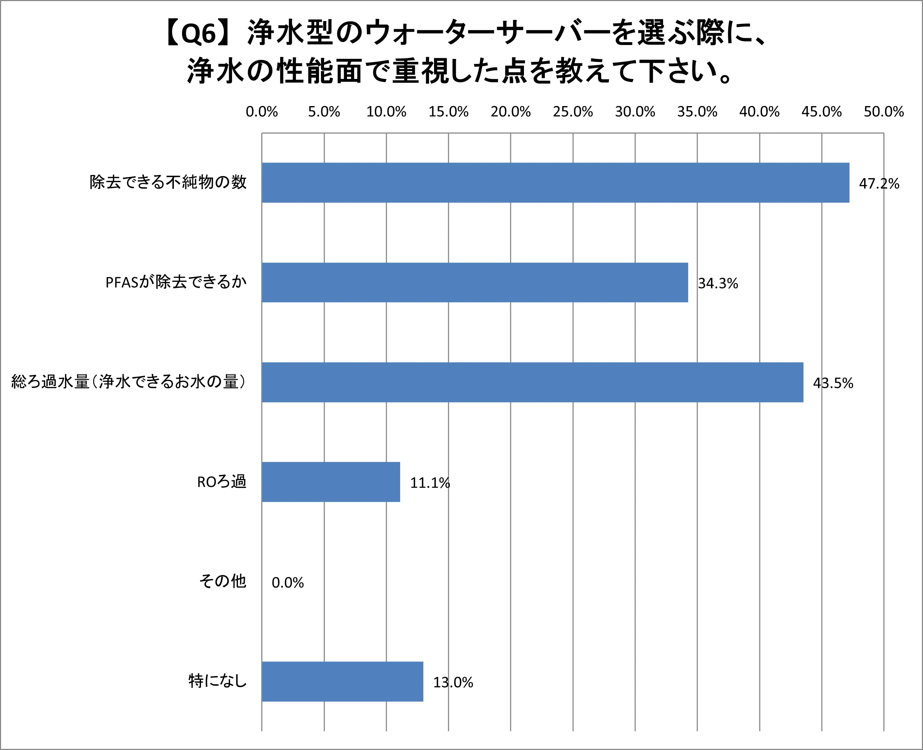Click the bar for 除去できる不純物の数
[x=555, y=183]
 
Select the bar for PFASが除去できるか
[x=475, y=282]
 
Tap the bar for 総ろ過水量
[x=532, y=382]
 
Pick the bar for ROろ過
[x=331, y=482]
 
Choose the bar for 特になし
[x=342, y=682]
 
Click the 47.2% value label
[x=879, y=184]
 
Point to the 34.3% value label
[x=718, y=284]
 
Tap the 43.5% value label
[x=833, y=383]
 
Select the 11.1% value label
[x=429, y=483]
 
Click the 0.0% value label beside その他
[x=288, y=583]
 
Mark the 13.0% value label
[x=453, y=682]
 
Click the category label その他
[x=222, y=581]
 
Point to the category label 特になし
[x=217, y=681]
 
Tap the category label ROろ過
[x=221, y=482]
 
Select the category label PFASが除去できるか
[x=176, y=282]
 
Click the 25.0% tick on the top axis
[x=573, y=112]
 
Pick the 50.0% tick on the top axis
[x=883, y=112]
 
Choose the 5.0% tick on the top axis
[x=324, y=112]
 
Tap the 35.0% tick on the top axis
[x=697, y=112]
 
